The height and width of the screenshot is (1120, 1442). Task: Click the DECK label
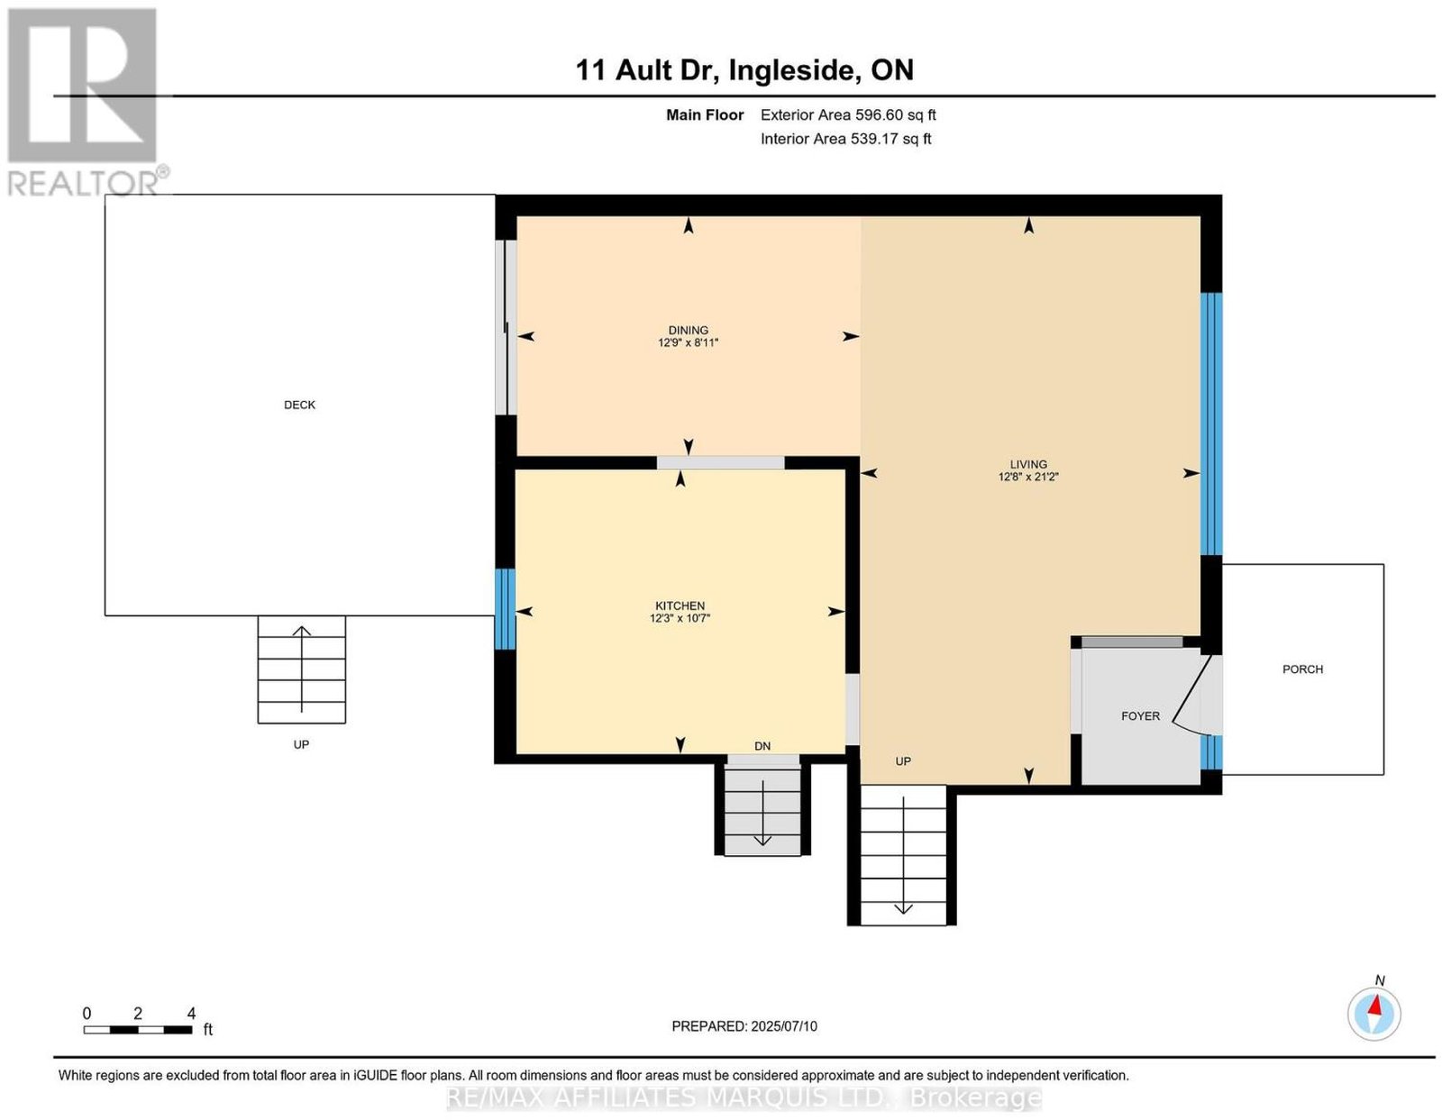(x=299, y=405)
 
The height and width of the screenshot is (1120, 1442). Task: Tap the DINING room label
(x=688, y=330)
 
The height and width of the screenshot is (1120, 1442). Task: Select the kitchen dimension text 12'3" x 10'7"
(x=680, y=618)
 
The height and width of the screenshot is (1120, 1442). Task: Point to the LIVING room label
(x=1028, y=464)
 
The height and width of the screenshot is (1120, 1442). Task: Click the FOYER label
(x=1140, y=715)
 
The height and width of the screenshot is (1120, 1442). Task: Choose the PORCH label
(x=1302, y=669)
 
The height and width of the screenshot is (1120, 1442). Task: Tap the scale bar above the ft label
(x=137, y=1030)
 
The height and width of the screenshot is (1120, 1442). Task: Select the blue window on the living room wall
(x=1210, y=423)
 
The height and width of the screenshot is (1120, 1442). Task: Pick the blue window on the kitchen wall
(x=505, y=609)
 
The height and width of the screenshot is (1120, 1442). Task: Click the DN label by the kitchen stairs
(x=762, y=746)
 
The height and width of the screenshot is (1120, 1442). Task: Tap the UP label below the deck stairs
(x=301, y=744)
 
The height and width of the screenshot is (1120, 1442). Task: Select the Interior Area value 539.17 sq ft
(x=890, y=139)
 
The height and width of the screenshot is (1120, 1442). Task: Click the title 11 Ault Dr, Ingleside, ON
(x=744, y=70)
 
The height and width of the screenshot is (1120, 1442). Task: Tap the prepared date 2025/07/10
(x=784, y=1025)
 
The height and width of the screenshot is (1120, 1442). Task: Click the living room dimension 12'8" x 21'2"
(x=1028, y=476)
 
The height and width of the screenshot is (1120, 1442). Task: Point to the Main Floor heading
(x=705, y=114)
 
